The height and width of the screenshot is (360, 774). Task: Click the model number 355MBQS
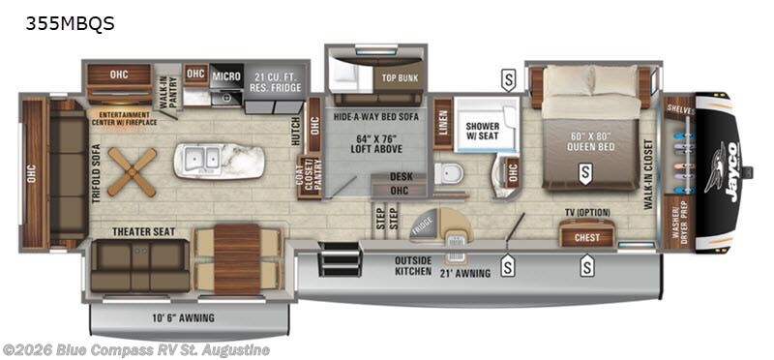click(x=71, y=24)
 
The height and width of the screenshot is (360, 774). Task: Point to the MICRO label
click(x=226, y=75)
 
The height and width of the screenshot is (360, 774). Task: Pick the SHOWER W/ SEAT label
click(x=482, y=132)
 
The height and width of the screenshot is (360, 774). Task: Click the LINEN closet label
click(x=442, y=124)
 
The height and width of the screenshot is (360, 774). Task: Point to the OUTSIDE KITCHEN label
click(x=419, y=266)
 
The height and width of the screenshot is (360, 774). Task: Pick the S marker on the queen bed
click(x=584, y=173)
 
